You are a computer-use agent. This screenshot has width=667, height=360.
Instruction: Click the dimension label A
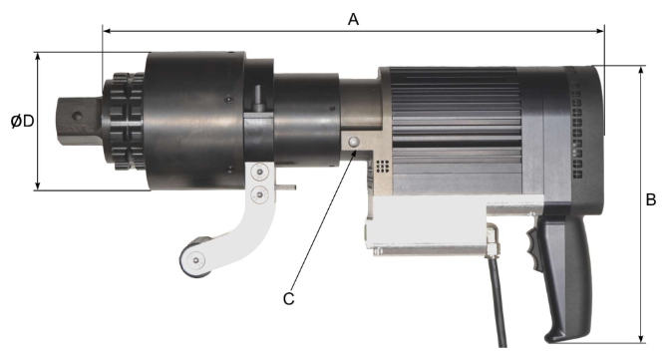(x=353, y=19)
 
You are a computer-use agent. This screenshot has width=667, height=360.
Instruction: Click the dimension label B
(x=651, y=199)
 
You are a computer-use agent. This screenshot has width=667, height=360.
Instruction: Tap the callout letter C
(x=288, y=299)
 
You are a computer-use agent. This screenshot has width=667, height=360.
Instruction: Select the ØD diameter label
(x=23, y=122)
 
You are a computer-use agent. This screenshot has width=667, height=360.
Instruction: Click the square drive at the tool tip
(x=80, y=122)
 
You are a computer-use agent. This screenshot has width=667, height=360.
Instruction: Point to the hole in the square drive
(x=77, y=116)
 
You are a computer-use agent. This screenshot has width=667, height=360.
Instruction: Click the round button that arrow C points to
(x=354, y=143)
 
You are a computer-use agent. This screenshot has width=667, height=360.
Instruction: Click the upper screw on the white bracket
(x=259, y=172)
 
